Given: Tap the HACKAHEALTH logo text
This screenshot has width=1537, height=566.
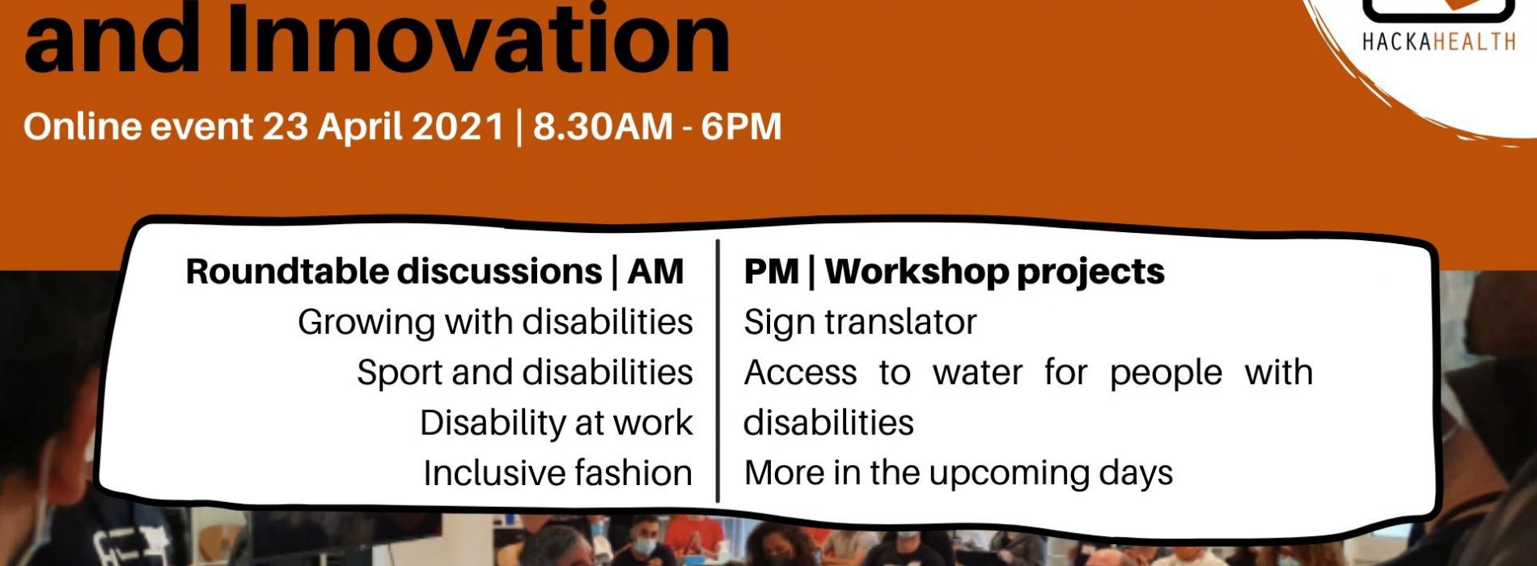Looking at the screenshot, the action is (1439, 41).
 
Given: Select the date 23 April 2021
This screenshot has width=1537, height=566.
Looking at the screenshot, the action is (383, 127).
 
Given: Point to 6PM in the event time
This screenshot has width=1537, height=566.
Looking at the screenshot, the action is (741, 127).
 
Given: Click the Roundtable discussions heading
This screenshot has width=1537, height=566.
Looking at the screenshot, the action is (394, 272).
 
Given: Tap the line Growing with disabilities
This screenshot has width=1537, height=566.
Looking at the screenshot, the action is (495, 322).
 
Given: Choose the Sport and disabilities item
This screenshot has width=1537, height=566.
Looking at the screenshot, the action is (525, 373).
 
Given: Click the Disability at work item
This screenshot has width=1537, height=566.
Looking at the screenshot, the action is (557, 423).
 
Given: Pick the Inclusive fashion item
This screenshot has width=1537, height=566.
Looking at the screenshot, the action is (558, 473).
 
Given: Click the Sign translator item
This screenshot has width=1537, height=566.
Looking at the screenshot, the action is (860, 323).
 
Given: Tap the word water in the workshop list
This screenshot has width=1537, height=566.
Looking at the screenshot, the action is (977, 373).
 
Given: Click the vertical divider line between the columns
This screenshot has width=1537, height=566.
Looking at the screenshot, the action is (718, 370).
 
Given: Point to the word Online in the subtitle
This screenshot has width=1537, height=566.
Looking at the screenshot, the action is (80, 127).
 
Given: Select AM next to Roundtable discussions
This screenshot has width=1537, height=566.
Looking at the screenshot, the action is (655, 272).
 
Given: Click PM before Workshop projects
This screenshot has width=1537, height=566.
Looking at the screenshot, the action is (772, 272).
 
